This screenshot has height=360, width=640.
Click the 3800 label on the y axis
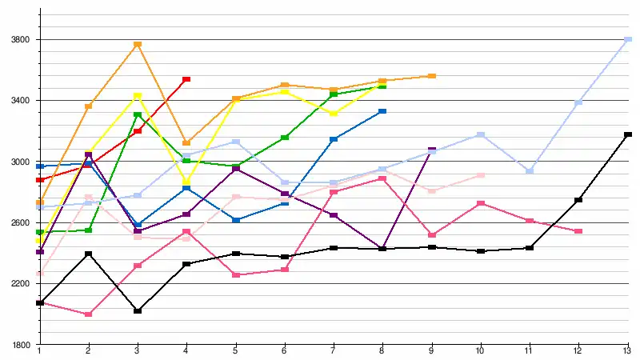[18, 39]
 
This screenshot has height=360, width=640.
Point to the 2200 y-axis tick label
[18, 284]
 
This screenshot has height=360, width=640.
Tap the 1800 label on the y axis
[18, 345]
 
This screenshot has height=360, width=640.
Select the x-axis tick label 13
[628, 352]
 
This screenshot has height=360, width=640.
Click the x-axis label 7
[334, 352]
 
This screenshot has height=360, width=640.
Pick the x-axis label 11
[530, 352]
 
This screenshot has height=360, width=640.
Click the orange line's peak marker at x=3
[138, 45]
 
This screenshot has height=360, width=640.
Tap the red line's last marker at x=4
[186, 79]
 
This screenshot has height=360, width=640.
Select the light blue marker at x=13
[628, 39]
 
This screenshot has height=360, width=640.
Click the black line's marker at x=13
[628, 134]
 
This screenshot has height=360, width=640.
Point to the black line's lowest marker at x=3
[138, 310]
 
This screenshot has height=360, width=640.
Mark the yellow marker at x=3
[138, 96]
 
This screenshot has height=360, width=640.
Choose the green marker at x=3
[138, 115]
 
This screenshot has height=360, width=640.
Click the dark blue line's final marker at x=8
[382, 111]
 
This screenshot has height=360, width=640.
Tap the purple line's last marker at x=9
[432, 150]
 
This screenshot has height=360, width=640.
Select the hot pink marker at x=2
[88, 314]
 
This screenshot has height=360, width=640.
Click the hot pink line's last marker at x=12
[578, 231]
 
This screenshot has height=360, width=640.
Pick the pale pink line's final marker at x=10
[481, 175]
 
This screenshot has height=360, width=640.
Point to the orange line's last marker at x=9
[432, 76]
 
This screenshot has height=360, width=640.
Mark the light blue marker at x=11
[530, 171]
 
